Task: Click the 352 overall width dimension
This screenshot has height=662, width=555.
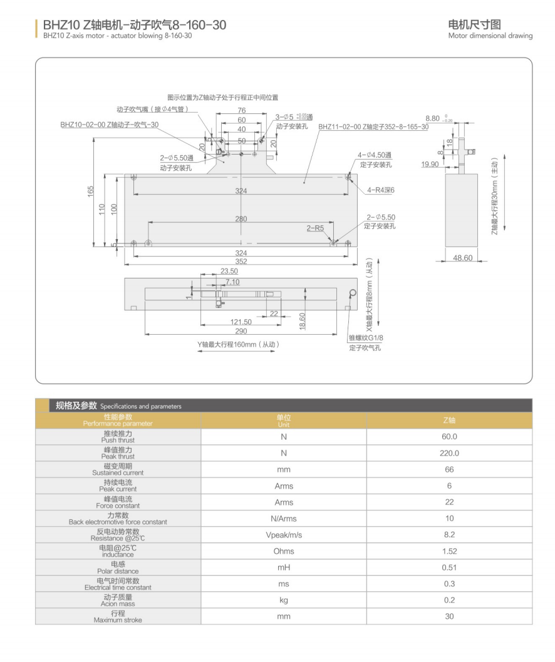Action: click(241, 262)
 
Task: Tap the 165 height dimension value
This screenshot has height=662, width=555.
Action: click(90, 190)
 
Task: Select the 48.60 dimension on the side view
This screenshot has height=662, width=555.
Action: click(462, 258)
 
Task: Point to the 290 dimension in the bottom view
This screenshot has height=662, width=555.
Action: click(241, 330)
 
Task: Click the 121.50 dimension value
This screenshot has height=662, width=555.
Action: click(241, 322)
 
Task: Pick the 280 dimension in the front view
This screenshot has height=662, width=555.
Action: click(241, 218)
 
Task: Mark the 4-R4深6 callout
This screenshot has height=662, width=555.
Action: click(381, 190)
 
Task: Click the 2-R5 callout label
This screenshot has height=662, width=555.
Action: click(315, 228)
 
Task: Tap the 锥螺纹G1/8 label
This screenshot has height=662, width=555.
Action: click(365, 339)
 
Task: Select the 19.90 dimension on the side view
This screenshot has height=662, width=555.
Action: click(430, 165)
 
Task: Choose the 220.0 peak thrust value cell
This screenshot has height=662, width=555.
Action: click(449, 453)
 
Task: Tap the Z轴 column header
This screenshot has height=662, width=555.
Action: click(449, 420)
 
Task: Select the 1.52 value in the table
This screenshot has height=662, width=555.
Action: click(449, 551)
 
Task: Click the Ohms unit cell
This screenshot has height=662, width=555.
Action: click(283, 551)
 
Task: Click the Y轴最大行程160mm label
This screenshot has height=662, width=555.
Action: click(237, 344)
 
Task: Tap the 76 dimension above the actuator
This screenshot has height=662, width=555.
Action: click(241, 111)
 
